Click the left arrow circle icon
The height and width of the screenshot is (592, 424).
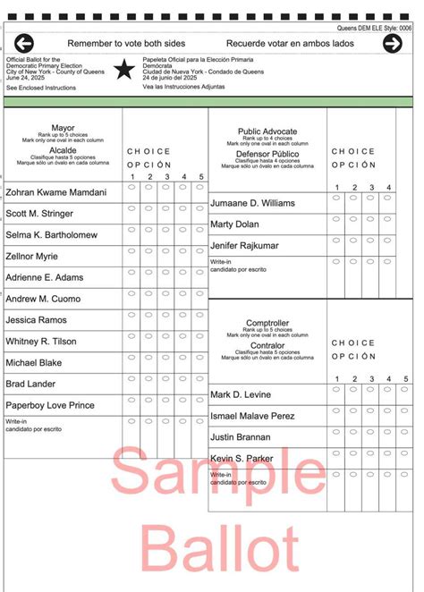[23, 43]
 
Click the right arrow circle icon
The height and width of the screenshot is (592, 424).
[393, 43]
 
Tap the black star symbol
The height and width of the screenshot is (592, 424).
[124, 69]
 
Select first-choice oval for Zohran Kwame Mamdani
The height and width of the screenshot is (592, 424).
[131, 187]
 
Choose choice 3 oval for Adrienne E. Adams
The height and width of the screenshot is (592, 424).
[166, 272]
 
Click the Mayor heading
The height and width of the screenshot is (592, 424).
[63, 129]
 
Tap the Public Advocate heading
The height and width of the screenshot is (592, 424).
[267, 131]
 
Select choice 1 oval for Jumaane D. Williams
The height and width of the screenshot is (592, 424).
[336, 198]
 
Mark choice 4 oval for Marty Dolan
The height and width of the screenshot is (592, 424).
[387, 219]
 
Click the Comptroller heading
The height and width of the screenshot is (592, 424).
[267, 323]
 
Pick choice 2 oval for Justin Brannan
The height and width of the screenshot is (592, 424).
[353, 432]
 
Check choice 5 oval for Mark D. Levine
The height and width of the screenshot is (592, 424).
[404, 389]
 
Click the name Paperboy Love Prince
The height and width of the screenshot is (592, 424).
[50, 405]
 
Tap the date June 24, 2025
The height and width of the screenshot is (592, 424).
[26, 78]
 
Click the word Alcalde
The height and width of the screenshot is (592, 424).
[63, 150]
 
